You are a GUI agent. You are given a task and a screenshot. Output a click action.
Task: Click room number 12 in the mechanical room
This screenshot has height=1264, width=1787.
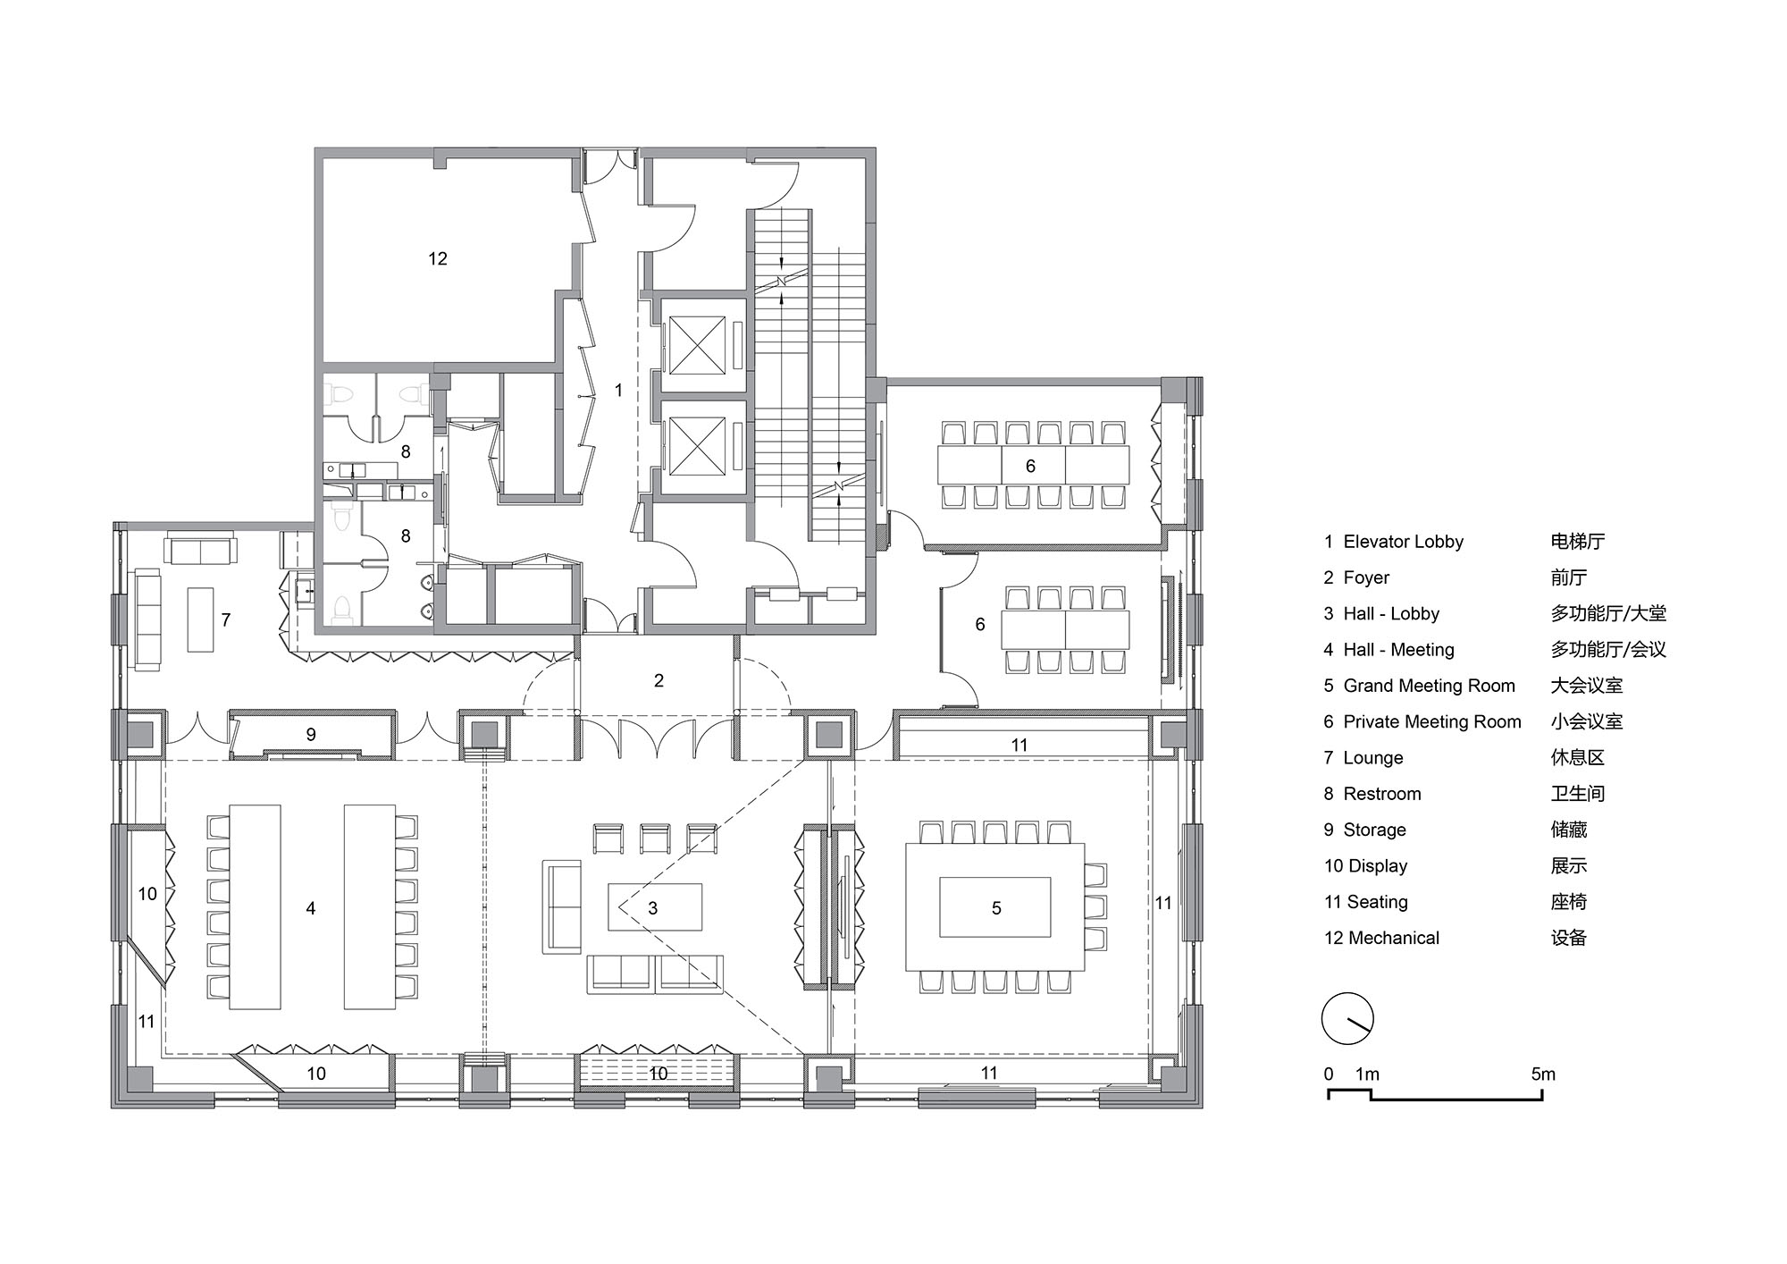pyautogui.click(x=438, y=258)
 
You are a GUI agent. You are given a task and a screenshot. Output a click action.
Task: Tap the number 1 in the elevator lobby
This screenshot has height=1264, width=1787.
pyautogui.click(x=618, y=390)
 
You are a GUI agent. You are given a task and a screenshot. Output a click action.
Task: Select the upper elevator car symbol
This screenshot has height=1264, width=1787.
pyautogui.click(x=694, y=346)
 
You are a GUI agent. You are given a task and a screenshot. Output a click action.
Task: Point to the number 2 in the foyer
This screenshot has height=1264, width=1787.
pyautogui.click(x=659, y=680)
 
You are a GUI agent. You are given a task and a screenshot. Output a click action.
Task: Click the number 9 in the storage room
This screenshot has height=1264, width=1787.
pyautogui.click(x=311, y=734)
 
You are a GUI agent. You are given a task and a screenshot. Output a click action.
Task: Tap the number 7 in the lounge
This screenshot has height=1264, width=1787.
pyautogui.click(x=226, y=619)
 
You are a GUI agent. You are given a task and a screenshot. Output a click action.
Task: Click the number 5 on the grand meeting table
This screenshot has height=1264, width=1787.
pyautogui.click(x=996, y=908)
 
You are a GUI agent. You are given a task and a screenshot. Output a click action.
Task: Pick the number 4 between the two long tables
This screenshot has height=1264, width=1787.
pyautogui.click(x=311, y=908)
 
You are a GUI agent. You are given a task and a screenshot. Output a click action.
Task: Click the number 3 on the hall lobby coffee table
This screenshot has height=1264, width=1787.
pyautogui.click(x=653, y=908)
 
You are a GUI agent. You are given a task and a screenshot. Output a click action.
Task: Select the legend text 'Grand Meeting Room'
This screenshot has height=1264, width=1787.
pyautogui.click(x=1430, y=686)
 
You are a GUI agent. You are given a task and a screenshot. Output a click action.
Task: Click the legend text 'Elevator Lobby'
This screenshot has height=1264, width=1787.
pyautogui.click(x=1404, y=542)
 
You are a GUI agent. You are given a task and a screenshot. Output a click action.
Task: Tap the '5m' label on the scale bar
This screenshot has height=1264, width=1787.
pyautogui.click(x=1543, y=1074)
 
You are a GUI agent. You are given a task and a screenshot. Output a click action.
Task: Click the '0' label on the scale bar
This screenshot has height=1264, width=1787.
pyautogui.click(x=1329, y=1074)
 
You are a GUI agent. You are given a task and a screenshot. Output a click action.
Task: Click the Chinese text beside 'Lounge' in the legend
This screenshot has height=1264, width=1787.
pyautogui.click(x=1578, y=758)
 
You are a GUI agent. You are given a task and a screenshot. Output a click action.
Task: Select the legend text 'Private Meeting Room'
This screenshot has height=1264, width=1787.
pyautogui.click(x=1432, y=722)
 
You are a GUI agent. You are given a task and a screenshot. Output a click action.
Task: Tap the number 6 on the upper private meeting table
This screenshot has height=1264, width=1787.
pyautogui.click(x=1030, y=466)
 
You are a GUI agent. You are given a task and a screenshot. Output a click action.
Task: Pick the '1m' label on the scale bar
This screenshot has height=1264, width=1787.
pyautogui.click(x=1367, y=1074)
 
